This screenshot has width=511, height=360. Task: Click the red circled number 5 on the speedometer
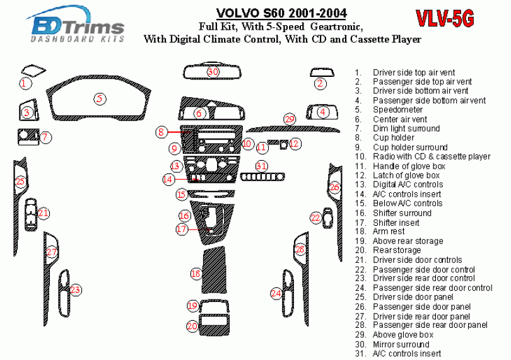pyautogui.click(x=99, y=98)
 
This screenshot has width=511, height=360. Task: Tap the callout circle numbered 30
pyautogui.click(x=213, y=72)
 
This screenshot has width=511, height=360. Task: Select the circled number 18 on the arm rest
pyautogui.click(x=196, y=274)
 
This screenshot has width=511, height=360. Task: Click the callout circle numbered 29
pyautogui.click(x=290, y=119)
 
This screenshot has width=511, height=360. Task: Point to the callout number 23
pyautogui.click(x=76, y=290)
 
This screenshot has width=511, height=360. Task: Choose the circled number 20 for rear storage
pyautogui.click(x=192, y=326)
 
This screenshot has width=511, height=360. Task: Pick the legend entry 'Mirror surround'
pyautogui.click(x=401, y=344)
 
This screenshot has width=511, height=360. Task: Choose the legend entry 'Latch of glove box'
pyautogui.click(x=406, y=175)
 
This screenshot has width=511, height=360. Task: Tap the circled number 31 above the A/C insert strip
pyautogui.click(x=262, y=165)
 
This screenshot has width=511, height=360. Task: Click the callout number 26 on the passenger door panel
pyautogui.click(x=334, y=187)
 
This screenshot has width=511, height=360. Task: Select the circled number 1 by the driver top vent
pyautogui.click(x=24, y=83)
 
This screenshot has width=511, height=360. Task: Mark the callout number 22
pyautogui.click(x=315, y=218)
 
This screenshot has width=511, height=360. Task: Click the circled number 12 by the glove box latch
pyautogui.click(x=294, y=144)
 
